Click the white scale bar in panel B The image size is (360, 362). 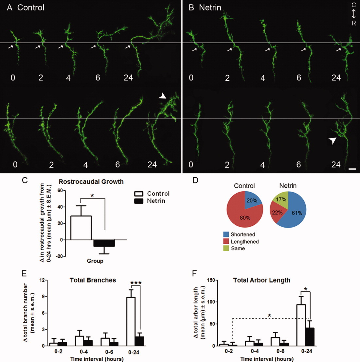click(x=352, y=169)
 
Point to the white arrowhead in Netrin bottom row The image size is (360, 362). click(x=333, y=141)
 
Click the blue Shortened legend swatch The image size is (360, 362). click(x=226, y=234)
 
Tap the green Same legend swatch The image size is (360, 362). click(x=226, y=248)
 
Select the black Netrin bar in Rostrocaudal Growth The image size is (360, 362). click(x=104, y=243)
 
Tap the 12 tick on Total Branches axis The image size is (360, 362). click(x=42, y=280)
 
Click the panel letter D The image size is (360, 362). click(x=195, y=181)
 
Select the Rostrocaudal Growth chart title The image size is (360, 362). click(x=91, y=182)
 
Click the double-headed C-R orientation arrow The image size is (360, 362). click(x=354, y=14)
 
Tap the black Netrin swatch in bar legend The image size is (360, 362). click(x=139, y=201)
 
